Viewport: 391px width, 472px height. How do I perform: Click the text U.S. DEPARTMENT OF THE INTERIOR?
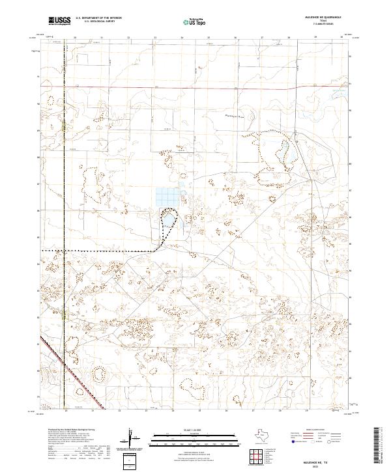click(x=98, y=18)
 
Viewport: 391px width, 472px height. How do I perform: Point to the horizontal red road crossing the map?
click(x=195, y=88)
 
